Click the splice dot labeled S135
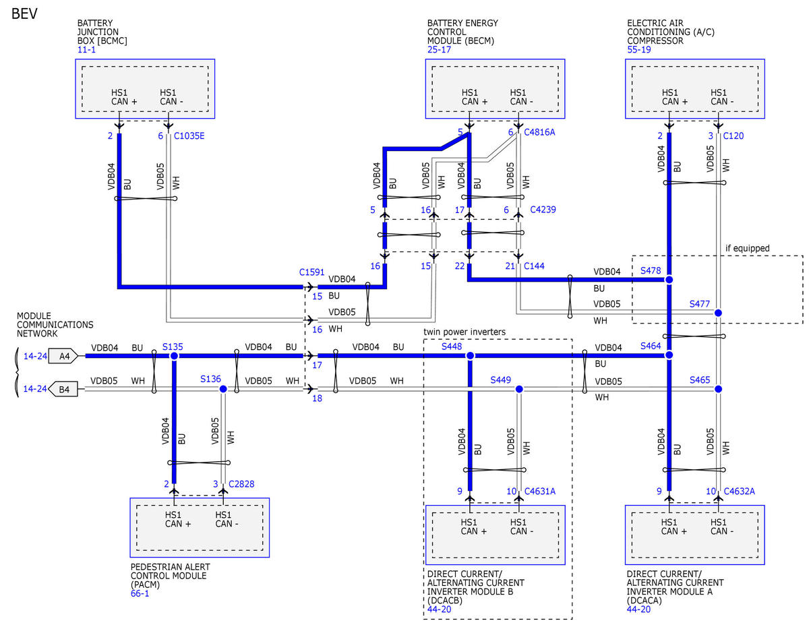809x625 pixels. click(x=174, y=356)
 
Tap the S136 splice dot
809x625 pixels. click(x=223, y=389)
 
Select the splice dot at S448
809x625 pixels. click(x=470, y=356)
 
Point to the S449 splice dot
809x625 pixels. click(x=519, y=389)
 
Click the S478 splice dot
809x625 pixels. click(x=669, y=280)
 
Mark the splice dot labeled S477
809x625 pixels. click(x=718, y=313)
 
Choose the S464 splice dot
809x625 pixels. click(x=669, y=355)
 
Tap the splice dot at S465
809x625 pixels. click(x=718, y=389)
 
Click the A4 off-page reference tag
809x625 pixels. click(x=63, y=356)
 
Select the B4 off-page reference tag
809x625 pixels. click(x=63, y=390)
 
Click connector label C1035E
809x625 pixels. click(x=189, y=136)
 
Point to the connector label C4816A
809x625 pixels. click(x=539, y=132)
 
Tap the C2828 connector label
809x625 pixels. click(x=241, y=484)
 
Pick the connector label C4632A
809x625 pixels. click(x=739, y=492)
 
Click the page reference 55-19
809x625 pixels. click(x=639, y=49)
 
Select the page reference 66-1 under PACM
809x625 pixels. click(x=140, y=593)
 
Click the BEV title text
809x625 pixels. click(x=24, y=13)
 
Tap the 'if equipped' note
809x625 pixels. click(x=747, y=248)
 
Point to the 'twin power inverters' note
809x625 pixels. click(x=465, y=332)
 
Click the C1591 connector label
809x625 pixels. click(x=311, y=272)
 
